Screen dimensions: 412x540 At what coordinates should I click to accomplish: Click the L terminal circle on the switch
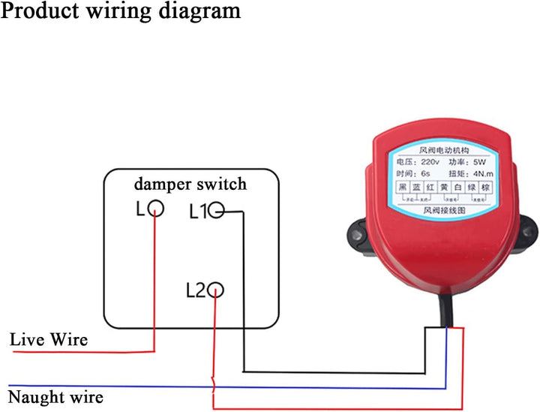156,209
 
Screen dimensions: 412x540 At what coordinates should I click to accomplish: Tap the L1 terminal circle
217,212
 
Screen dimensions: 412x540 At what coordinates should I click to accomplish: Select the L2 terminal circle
216,290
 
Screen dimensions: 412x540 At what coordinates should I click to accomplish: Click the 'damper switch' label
190,184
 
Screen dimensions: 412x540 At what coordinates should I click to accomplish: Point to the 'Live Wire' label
49,339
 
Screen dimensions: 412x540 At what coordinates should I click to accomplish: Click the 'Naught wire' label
55,396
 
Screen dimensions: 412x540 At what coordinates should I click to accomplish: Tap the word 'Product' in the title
44,11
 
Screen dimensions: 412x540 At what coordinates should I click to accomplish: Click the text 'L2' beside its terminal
195,290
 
